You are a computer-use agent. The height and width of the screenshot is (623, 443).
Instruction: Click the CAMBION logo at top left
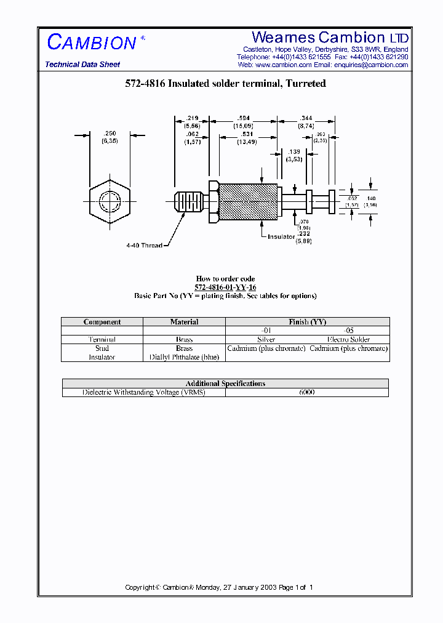tap(92, 42)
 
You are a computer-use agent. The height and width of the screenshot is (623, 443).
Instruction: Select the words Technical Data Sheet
tap(82, 65)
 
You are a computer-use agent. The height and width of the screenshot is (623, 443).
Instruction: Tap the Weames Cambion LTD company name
tap(330, 38)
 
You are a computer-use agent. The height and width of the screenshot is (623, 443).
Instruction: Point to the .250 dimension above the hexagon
tap(110, 134)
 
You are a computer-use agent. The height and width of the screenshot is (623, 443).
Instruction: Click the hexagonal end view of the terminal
tap(110, 201)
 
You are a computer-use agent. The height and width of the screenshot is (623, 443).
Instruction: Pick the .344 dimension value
tap(306, 118)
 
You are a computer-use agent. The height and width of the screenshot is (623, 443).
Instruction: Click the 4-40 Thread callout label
tap(144, 246)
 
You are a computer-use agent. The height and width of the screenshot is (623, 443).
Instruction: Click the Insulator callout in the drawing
tap(281, 236)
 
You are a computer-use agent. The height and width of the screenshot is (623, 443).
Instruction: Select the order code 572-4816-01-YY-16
tap(225, 287)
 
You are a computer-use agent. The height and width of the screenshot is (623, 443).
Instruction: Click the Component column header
tap(102, 322)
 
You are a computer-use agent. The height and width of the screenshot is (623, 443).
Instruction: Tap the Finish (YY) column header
tap(307, 322)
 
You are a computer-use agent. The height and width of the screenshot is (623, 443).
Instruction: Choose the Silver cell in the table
tap(266, 339)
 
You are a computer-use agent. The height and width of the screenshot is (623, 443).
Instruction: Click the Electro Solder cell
tap(348, 339)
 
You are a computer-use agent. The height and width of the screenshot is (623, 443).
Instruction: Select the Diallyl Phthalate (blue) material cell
tap(184, 357)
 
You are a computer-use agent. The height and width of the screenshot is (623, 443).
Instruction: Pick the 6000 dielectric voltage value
tap(306, 392)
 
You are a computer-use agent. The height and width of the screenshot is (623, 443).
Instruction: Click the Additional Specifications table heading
tap(225, 384)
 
